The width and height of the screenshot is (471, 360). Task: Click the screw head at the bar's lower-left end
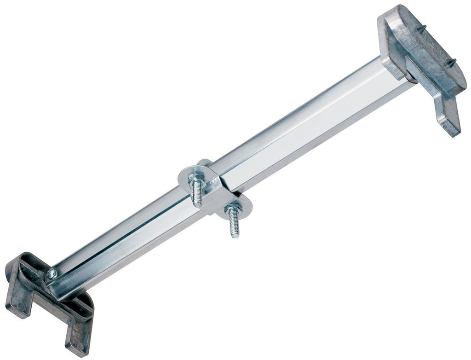pyautogui.click(x=52, y=274)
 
